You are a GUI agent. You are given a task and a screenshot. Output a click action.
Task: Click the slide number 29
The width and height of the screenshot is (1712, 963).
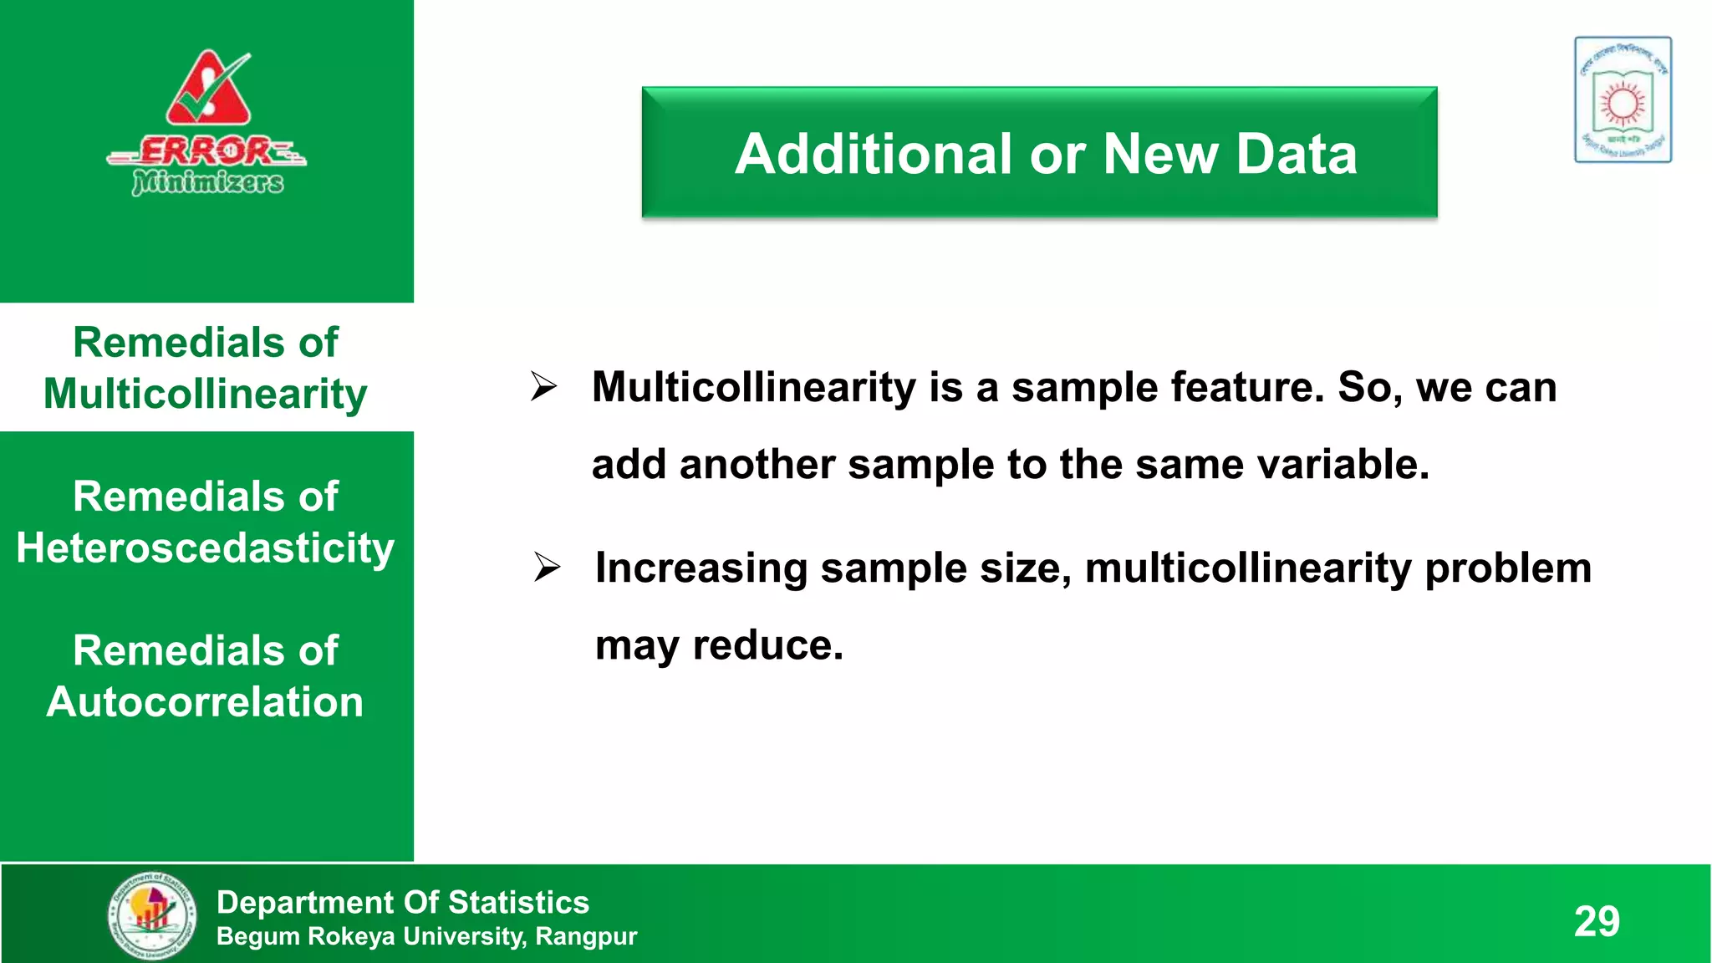[x=1597, y=921]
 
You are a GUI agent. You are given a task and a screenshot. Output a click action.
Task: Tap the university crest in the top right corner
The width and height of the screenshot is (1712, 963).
[x=1623, y=99]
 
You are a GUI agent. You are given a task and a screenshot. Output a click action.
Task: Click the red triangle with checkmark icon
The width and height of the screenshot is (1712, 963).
[x=208, y=89]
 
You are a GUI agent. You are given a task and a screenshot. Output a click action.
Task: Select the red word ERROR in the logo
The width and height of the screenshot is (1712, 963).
[x=206, y=151]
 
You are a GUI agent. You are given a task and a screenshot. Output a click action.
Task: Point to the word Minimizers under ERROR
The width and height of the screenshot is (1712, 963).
[x=208, y=181]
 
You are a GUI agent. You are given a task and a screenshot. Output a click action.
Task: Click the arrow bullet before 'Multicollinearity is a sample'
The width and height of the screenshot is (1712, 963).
[x=543, y=386]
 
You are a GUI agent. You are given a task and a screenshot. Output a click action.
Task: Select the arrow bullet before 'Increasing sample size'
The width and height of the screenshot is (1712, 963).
[x=547, y=568]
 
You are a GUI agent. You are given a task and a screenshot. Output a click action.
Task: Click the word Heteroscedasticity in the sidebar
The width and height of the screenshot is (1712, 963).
[x=206, y=548]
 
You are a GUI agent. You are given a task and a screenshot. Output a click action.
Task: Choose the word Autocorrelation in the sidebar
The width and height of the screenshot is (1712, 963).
[x=206, y=701]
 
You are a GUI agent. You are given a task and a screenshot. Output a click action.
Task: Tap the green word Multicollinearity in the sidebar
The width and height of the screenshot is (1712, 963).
[x=206, y=394]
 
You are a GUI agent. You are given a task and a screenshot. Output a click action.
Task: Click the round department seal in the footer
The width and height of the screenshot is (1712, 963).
[x=152, y=915]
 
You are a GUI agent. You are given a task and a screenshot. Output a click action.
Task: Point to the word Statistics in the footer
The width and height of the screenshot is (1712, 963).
[x=518, y=902]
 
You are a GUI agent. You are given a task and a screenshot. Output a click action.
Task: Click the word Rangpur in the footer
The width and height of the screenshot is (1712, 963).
[x=586, y=936]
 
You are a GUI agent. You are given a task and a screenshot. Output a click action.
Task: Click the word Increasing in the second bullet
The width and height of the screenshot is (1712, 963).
[x=701, y=568]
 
